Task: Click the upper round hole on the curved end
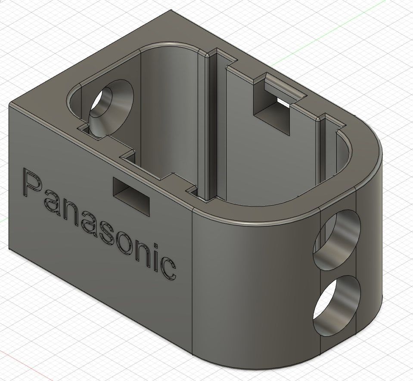pyautogui.click(x=337, y=239)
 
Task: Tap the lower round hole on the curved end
pyautogui.click(x=337, y=306)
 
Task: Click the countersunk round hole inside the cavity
pyautogui.click(x=111, y=108)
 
